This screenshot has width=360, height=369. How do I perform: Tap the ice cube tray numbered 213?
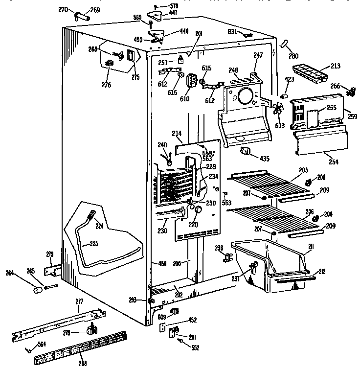(x=309, y=73)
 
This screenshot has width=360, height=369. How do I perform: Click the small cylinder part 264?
(x=36, y=290)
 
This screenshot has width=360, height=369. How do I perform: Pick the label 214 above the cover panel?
(x=177, y=134)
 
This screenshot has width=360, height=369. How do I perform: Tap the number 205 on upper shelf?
(x=303, y=170)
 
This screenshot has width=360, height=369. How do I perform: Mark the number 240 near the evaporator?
(x=162, y=144)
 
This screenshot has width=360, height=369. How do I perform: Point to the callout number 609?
(x=161, y=317)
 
